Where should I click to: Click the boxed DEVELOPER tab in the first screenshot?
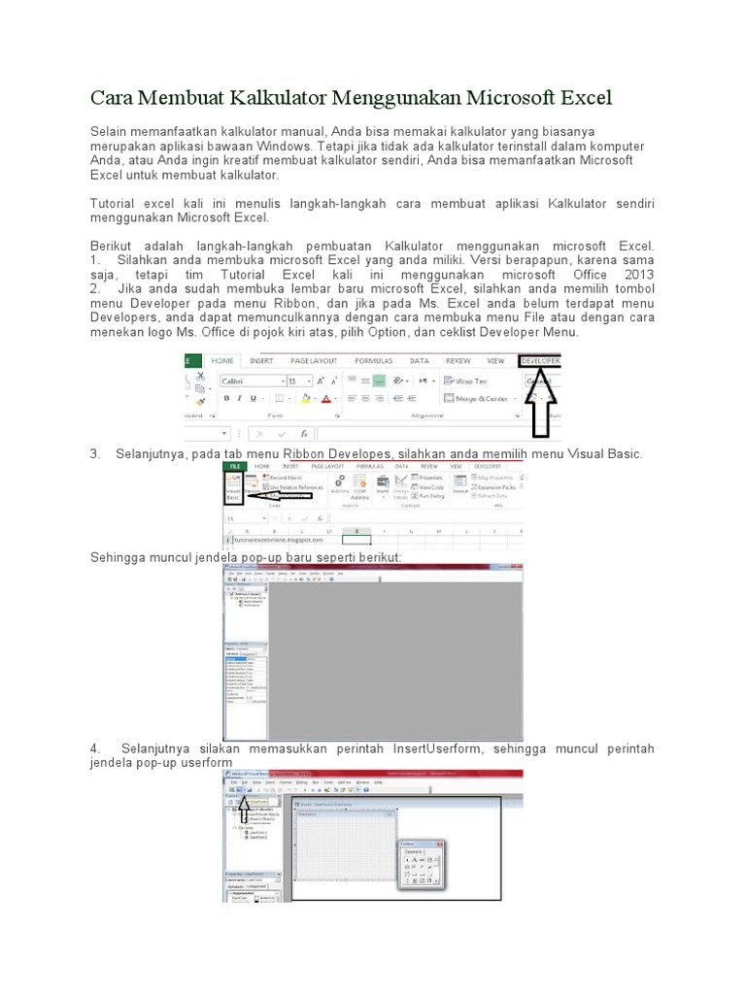540,360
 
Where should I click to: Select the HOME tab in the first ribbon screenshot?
222,360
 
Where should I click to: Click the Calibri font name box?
251,381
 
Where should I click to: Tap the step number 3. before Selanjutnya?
95,454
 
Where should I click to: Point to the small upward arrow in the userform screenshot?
244,805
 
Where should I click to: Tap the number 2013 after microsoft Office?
636,275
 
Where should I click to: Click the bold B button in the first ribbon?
226,398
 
